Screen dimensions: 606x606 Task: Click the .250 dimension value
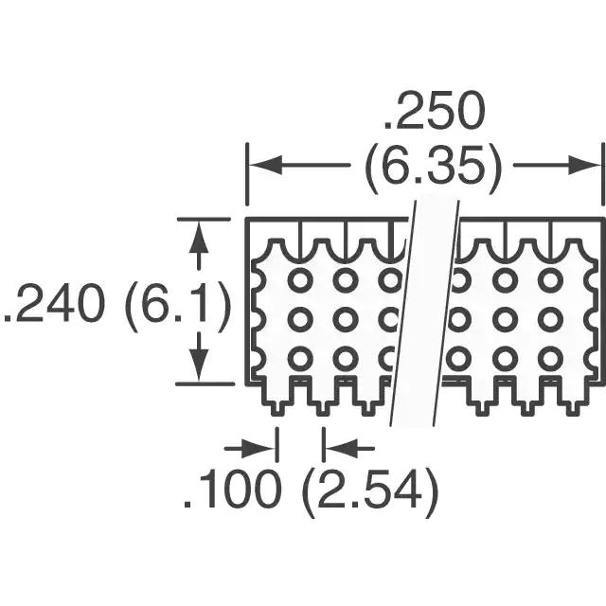[434, 111]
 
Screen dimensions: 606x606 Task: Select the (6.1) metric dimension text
[177, 307]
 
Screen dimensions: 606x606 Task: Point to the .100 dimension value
[231, 489]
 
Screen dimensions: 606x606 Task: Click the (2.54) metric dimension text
[369, 492]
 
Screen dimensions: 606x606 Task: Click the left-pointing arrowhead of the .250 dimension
[266, 166]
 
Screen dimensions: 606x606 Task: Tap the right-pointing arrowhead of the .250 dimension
[584, 166]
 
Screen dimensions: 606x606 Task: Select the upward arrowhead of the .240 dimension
[198, 238]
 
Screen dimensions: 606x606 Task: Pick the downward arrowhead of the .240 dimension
[199, 365]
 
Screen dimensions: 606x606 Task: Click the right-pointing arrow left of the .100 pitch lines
[250, 449]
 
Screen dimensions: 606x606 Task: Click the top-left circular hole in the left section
[299, 279]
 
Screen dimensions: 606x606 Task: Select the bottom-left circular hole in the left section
[299, 358]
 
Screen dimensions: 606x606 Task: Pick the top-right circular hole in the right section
[549, 279]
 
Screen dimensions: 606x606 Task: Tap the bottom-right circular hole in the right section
[549, 358]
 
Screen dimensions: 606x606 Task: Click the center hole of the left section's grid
[345, 319]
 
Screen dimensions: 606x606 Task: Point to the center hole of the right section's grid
[505, 319]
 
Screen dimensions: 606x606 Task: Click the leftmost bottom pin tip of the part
[276, 414]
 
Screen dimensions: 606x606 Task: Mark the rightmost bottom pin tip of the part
[572, 414]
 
